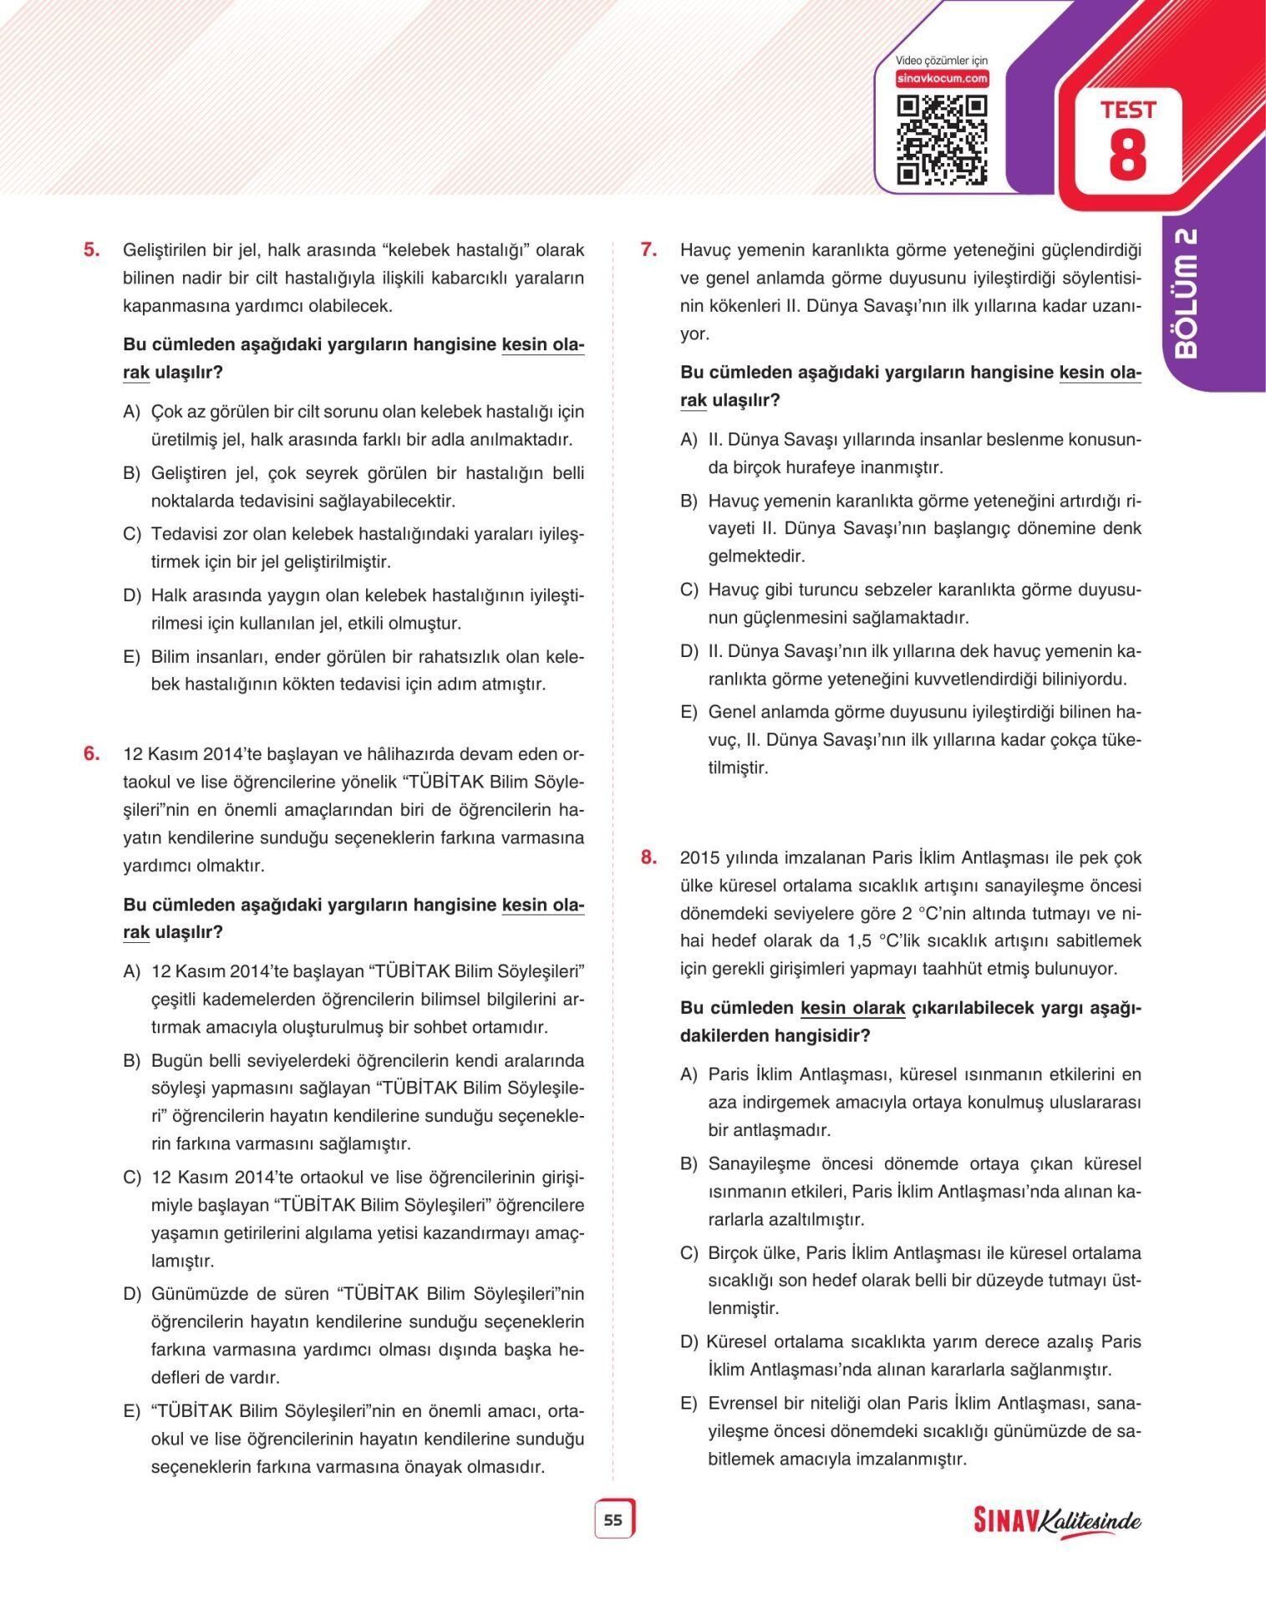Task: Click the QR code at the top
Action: coord(941,140)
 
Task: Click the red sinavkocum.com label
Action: coord(942,79)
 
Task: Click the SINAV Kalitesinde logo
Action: coord(1056,1521)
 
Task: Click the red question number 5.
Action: coord(92,250)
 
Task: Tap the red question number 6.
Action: coord(92,754)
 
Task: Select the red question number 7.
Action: coord(649,250)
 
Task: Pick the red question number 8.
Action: coord(649,858)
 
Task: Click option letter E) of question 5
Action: coord(132,657)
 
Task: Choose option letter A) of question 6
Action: coord(132,971)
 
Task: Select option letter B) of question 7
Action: coord(689,502)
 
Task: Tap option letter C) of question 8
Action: coord(689,1253)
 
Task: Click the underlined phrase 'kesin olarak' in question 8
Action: coord(852,1008)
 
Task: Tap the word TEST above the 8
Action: coord(1127,110)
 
